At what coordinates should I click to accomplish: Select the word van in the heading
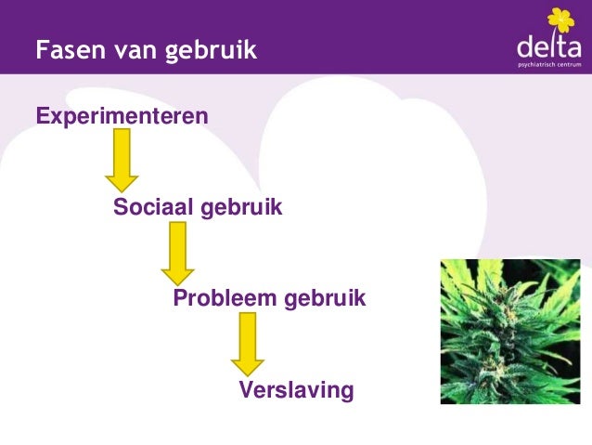pyautogui.click(x=133, y=49)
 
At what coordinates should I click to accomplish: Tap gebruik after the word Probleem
pyautogui.click(x=324, y=299)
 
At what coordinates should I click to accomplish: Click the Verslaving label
pyautogui.click(x=296, y=389)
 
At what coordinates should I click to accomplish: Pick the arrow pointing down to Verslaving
pyautogui.click(x=247, y=343)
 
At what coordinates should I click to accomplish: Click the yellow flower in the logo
pyautogui.click(x=560, y=20)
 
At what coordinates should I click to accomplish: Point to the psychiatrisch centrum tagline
pyautogui.click(x=549, y=67)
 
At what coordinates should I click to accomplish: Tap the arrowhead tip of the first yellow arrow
pyautogui.click(x=122, y=190)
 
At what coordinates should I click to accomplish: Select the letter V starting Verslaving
pyautogui.click(x=246, y=389)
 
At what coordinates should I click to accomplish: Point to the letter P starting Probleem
pyautogui.click(x=180, y=299)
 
